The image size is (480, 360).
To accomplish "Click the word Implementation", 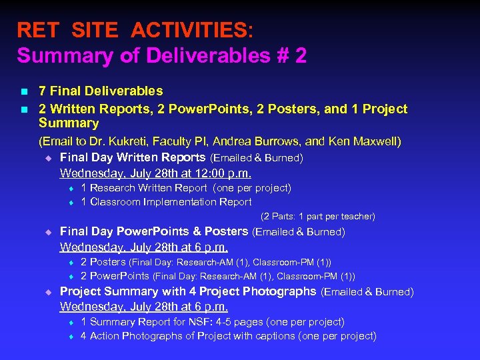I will (175, 202).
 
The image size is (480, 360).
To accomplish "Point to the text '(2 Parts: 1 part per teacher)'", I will (318, 217).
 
